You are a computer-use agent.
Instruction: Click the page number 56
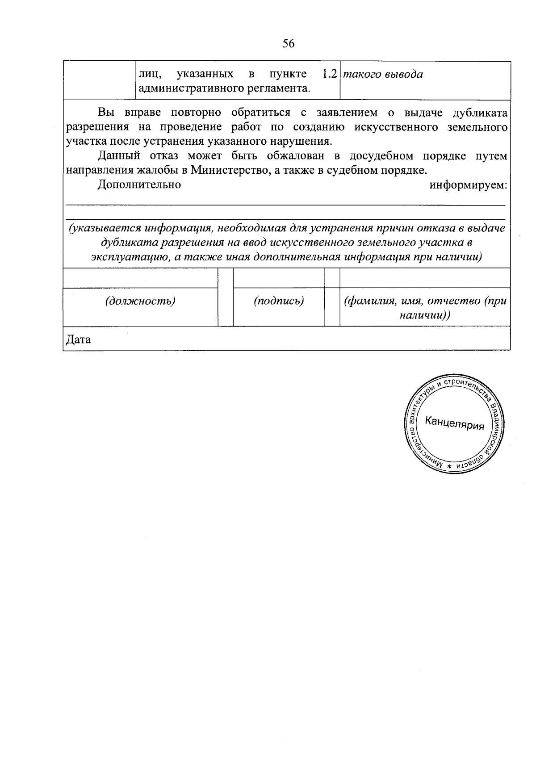[289, 43]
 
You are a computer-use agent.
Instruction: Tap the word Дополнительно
[139, 184]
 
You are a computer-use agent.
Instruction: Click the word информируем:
[468, 184]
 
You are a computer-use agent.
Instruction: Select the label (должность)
[140, 301]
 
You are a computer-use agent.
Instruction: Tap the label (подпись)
[279, 301]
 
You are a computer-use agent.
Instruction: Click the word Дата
[78, 339]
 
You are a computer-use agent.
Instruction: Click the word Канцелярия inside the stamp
[454, 423]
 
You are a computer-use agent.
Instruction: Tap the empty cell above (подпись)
[279, 278]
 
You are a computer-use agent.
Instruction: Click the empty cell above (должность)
[140, 278]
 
